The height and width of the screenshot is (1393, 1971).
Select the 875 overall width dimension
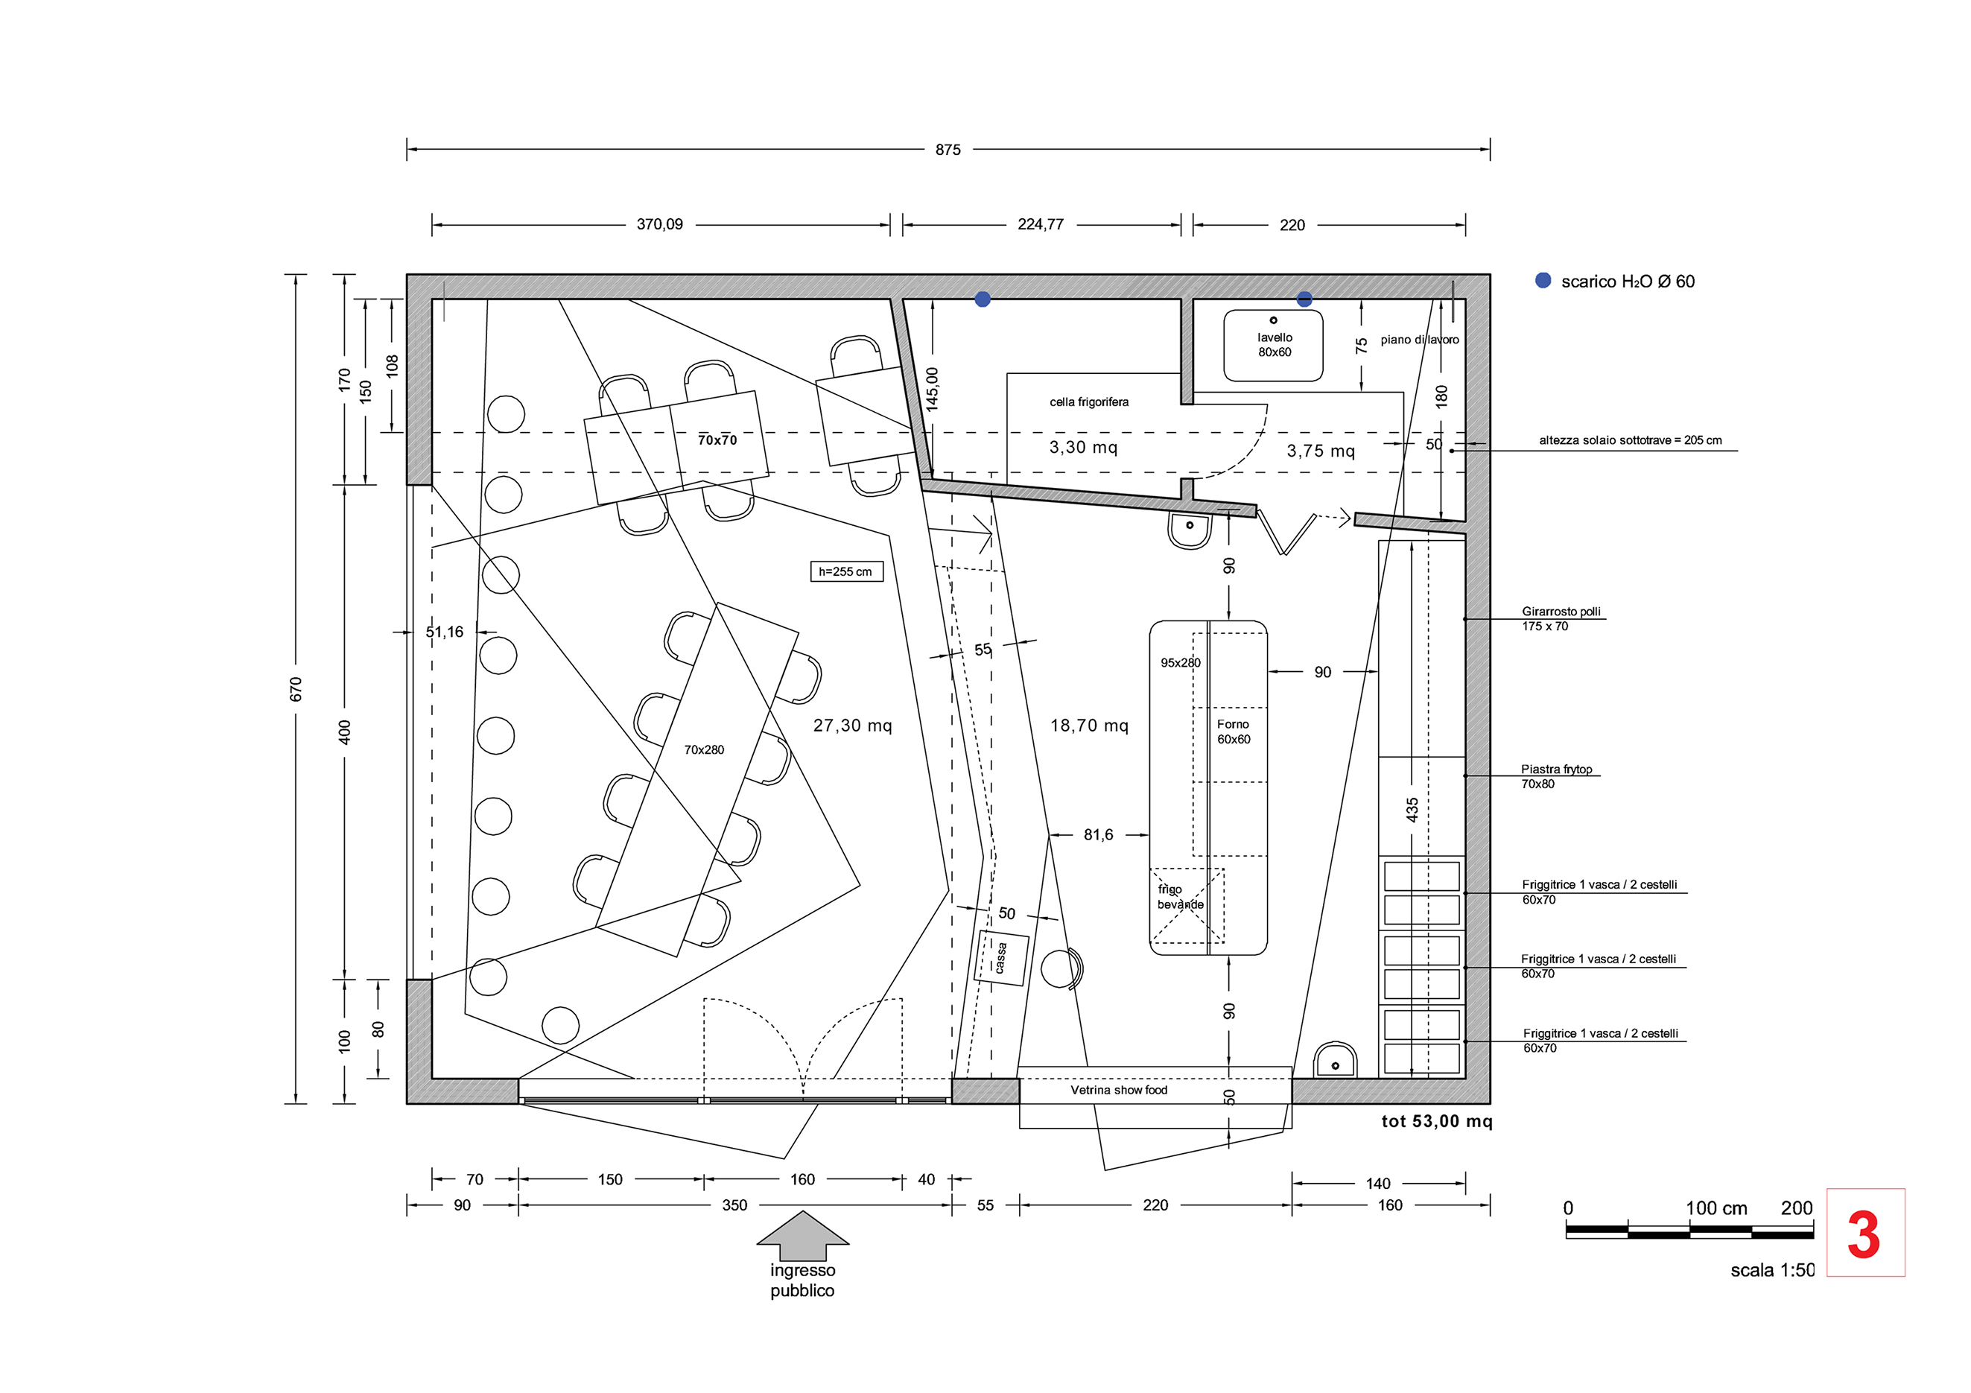[948, 149]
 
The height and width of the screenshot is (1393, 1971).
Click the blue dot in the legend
[1543, 281]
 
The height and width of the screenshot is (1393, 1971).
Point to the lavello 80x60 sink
[1273, 345]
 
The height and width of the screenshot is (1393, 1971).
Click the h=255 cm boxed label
[846, 571]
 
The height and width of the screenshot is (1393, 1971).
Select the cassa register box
[1001, 958]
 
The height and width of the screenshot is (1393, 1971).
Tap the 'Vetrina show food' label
[1119, 1090]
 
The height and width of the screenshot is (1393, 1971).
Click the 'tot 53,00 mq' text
[1436, 1121]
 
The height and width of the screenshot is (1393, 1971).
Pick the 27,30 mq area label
[852, 726]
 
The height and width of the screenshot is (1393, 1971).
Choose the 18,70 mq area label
[1089, 726]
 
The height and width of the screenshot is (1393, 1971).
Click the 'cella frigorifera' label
[1088, 402]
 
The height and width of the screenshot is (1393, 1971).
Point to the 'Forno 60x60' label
[1234, 732]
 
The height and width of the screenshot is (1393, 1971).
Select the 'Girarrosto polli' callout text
[1561, 611]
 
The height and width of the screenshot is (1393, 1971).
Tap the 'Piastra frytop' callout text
[1556, 769]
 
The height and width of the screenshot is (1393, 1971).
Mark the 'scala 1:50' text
[1772, 1270]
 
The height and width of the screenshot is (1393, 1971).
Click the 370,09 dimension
[659, 224]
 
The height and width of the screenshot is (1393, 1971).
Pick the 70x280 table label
[704, 749]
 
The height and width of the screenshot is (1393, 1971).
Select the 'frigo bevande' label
[1181, 897]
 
